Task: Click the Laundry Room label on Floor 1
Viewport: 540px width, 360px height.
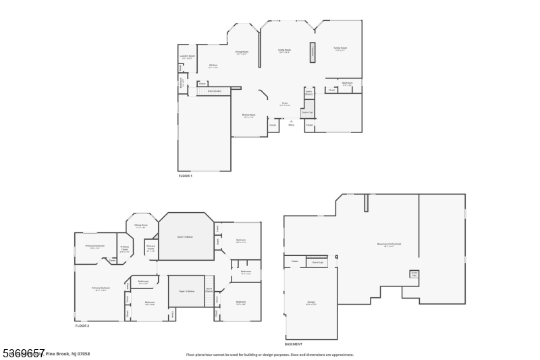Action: point(187,57)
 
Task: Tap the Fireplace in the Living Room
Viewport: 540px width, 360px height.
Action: point(313,53)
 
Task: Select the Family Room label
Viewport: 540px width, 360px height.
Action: point(340,48)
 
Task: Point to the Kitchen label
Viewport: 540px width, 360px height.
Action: point(213,66)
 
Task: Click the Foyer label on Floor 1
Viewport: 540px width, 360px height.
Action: point(285,104)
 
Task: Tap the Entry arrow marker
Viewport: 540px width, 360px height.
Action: point(292,123)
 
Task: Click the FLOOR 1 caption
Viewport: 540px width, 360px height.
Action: point(185,176)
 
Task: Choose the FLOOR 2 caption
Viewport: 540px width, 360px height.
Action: point(82,326)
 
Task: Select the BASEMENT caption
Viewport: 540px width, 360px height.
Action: point(293,344)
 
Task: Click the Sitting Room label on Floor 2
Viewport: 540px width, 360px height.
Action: point(141,226)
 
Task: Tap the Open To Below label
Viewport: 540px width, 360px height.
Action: point(187,291)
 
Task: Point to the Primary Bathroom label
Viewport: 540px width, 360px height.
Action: point(94,246)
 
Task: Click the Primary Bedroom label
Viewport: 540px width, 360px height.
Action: point(101,288)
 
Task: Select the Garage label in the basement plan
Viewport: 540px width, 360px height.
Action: point(311,303)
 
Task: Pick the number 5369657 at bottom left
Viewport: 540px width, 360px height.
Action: point(23,353)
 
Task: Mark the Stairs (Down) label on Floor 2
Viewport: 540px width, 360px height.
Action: point(209,290)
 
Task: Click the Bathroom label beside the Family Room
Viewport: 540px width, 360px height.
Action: point(347,84)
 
